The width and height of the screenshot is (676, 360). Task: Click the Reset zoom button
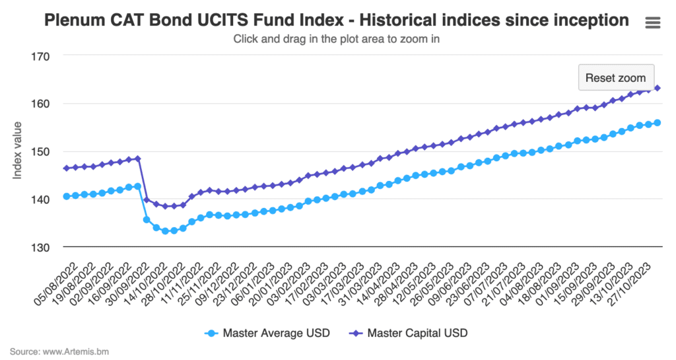616,77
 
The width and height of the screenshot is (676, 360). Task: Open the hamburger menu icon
652,22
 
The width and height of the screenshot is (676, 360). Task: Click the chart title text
336,20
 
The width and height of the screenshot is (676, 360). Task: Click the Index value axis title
18,151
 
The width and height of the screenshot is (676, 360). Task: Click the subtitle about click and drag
336,39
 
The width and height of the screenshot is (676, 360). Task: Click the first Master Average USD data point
66,196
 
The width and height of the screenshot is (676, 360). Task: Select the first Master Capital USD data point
66,168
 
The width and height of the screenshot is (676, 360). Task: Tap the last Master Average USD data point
658,123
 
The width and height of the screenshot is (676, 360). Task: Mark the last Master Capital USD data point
658,88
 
